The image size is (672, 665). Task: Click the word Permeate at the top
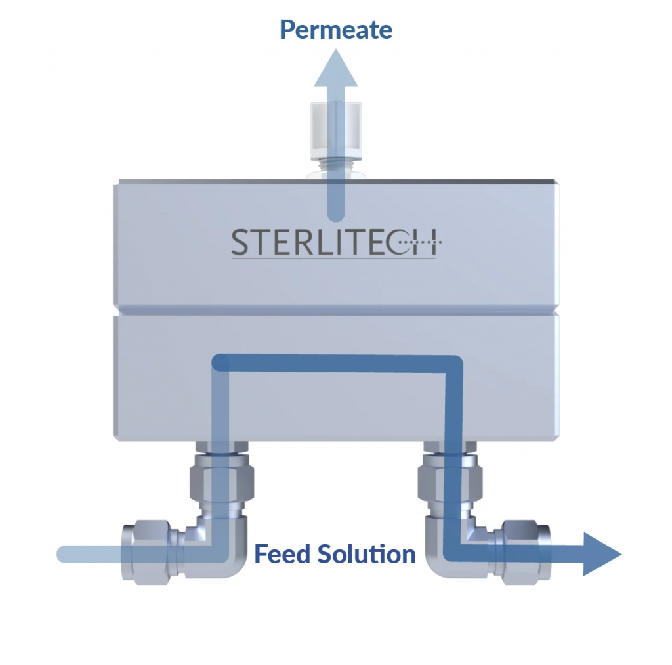[336, 29]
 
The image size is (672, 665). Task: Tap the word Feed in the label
[282, 553]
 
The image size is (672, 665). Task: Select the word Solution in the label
[367, 553]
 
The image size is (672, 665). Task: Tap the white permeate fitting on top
[336, 131]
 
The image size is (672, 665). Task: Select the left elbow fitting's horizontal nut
[146, 552]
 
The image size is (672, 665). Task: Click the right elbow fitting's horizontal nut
[526, 552]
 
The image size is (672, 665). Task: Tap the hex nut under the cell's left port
[222, 480]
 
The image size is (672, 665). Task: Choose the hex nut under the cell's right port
[450, 480]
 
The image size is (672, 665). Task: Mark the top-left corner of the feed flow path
[220, 363]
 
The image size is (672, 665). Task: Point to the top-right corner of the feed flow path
[454, 364]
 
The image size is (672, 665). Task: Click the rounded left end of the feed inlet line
[64, 554]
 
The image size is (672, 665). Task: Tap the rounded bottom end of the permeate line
[336, 214]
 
